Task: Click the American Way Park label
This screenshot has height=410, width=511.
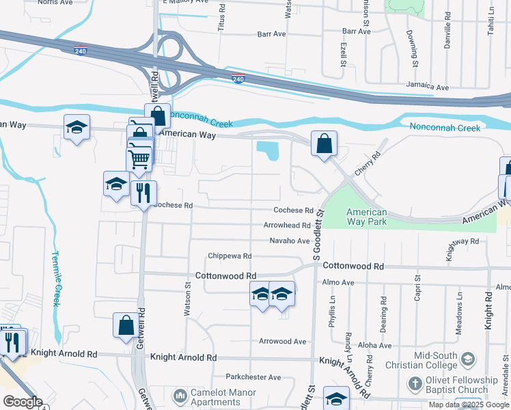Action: (x=366, y=217)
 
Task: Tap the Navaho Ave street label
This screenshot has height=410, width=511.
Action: (x=290, y=241)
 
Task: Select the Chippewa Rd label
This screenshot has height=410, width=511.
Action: (x=230, y=256)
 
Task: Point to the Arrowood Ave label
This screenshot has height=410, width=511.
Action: (x=282, y=341)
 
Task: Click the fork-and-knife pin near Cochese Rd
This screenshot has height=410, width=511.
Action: (x=143, y=193)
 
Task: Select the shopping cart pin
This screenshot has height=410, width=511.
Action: (x=139, y=159)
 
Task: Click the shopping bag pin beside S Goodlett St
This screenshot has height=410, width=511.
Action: (x=324, y=143)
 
